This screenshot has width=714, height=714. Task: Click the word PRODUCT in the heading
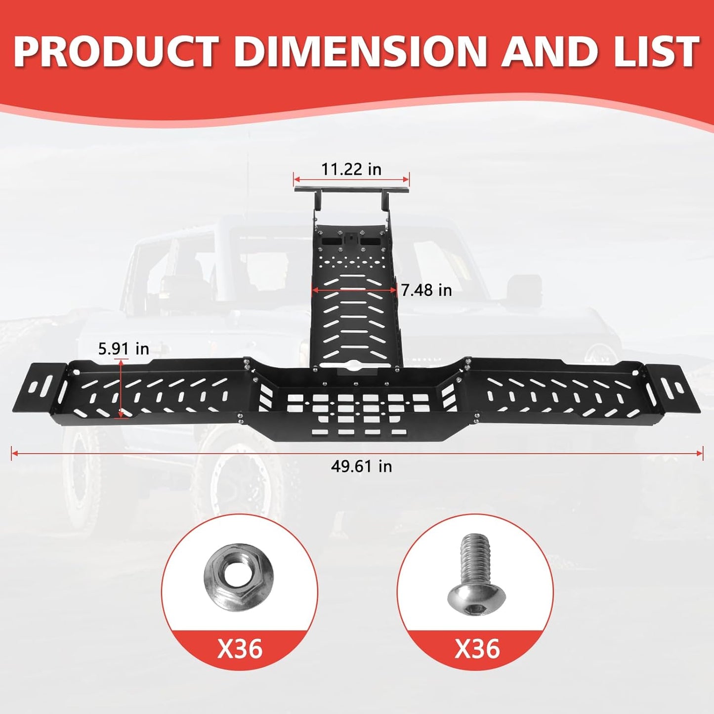(116, 51)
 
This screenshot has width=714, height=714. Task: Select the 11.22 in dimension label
(351, 169)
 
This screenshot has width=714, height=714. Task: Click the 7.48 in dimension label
(426, 291)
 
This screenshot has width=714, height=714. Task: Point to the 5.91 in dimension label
(124, 349)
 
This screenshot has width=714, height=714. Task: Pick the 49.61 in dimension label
(361, 466)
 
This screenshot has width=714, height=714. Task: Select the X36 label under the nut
(240, 649)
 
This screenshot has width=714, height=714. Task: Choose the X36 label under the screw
(477, 649)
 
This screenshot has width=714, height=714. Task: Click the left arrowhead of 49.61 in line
(14, 453)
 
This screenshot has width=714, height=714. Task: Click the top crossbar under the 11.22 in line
(351, 190)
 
